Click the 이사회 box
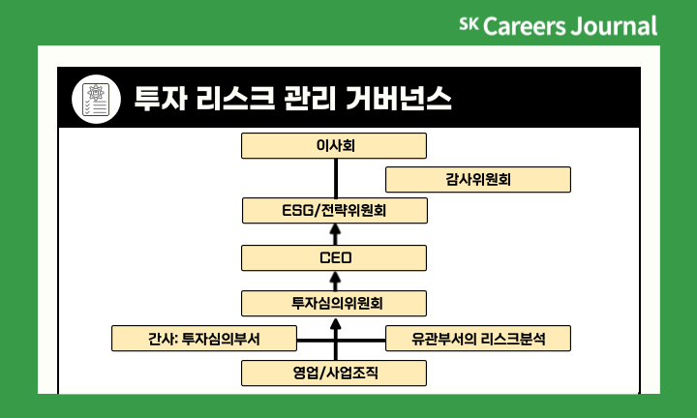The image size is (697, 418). coord(334,145)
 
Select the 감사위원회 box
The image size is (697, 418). coord(478,180)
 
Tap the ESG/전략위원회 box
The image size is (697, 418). coord(334,209)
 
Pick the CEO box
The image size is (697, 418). coord(334,257)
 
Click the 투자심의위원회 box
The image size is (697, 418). coord(334,303)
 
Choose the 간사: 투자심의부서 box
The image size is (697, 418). coord(202,339)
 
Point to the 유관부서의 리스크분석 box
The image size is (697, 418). coord(478,339)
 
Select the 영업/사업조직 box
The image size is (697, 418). coord(334,373)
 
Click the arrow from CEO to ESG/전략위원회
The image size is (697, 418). coord(334,234)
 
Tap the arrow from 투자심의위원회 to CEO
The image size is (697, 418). coord(334,281)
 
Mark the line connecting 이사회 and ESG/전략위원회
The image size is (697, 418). coord(334,177)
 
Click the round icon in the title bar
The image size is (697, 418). coord(95,97)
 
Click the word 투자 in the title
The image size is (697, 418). coord(158,98)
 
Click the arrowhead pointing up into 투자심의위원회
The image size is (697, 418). coord(334,322)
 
